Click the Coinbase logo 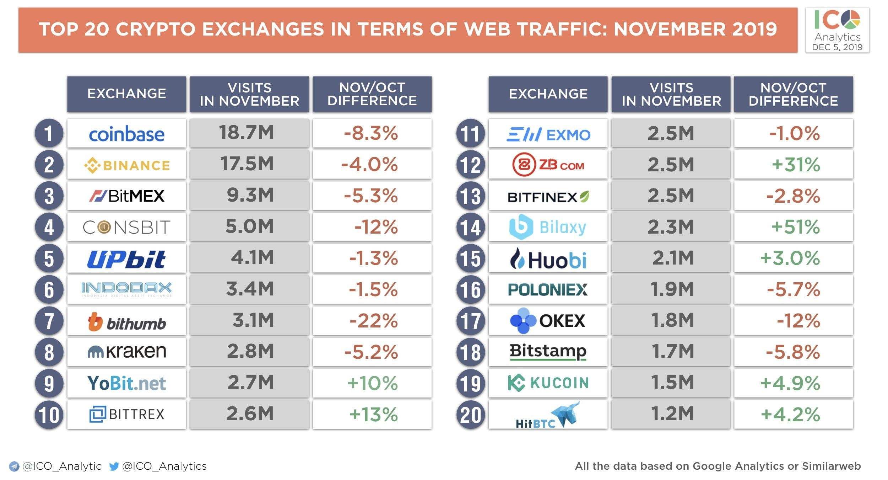pos(126,134)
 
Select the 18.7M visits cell pos(249,133)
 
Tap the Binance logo pos(126,165)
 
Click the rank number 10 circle pos(49,415)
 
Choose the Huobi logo pos(548,259)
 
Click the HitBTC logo pos(547,415)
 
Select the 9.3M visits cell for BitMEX pos(249,196)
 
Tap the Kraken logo pos(126,351)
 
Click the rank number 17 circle pos(471,321)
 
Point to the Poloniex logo pos(548,289)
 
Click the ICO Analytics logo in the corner pos(837,30)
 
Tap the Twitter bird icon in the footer pos(114,466)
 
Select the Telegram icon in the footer pos(14,466)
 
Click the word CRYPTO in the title pos(156,29)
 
